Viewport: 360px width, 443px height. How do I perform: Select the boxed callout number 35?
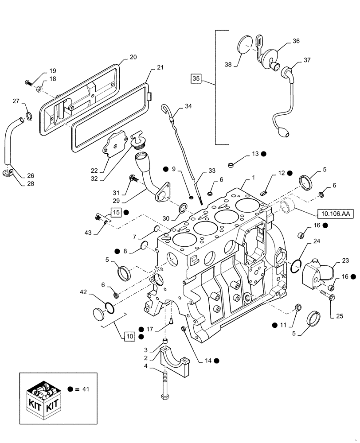click(196, 79)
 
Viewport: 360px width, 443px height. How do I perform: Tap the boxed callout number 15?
click(116, 212)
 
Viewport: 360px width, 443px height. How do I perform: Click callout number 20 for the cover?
click(133, 57)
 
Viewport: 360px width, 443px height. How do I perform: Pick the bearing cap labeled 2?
click(174, 356)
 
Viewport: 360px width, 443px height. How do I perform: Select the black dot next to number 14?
click(216, 361)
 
